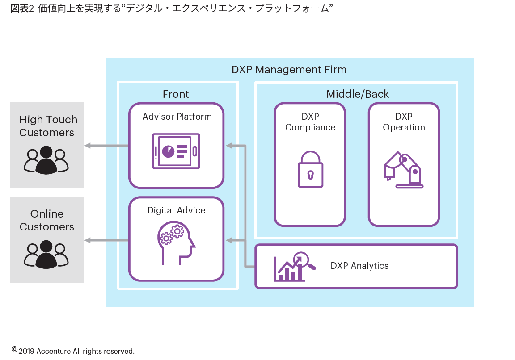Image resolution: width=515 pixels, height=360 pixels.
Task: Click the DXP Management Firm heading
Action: pos(289,70)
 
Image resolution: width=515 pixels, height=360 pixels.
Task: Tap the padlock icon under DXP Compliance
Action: pos(310,169)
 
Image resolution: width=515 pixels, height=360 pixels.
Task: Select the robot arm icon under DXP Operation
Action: pos(404,170)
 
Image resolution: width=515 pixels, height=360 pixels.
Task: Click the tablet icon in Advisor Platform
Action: pos(176,151)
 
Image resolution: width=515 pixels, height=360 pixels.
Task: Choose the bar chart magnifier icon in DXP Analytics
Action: pos(295,267)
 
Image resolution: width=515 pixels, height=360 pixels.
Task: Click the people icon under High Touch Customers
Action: pos(46,160)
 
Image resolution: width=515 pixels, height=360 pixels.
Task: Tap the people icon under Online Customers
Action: pos(46,255)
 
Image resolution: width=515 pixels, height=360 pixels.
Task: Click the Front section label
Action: pos(176,94)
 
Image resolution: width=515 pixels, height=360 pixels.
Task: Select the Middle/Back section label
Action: pos(357,94)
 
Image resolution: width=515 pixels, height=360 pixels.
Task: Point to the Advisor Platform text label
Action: pos(177,117)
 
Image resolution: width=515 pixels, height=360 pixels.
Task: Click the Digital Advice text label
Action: pos(177,210)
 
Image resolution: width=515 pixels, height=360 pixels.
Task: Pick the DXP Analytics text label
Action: pos(359,266)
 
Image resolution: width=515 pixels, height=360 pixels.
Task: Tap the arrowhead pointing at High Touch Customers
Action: pos(88,145)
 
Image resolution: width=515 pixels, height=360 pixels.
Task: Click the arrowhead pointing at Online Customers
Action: pos(88,241)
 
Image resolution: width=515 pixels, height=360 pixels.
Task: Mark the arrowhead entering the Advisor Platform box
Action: pos(229,145)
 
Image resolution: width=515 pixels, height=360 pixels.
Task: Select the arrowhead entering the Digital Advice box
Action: pos(229,241)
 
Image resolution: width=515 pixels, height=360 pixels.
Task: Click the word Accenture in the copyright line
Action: pos(54,351)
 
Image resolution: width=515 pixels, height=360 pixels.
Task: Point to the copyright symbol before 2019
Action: pos(14,349)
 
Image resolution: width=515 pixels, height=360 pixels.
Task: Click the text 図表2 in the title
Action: pos(22,8)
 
